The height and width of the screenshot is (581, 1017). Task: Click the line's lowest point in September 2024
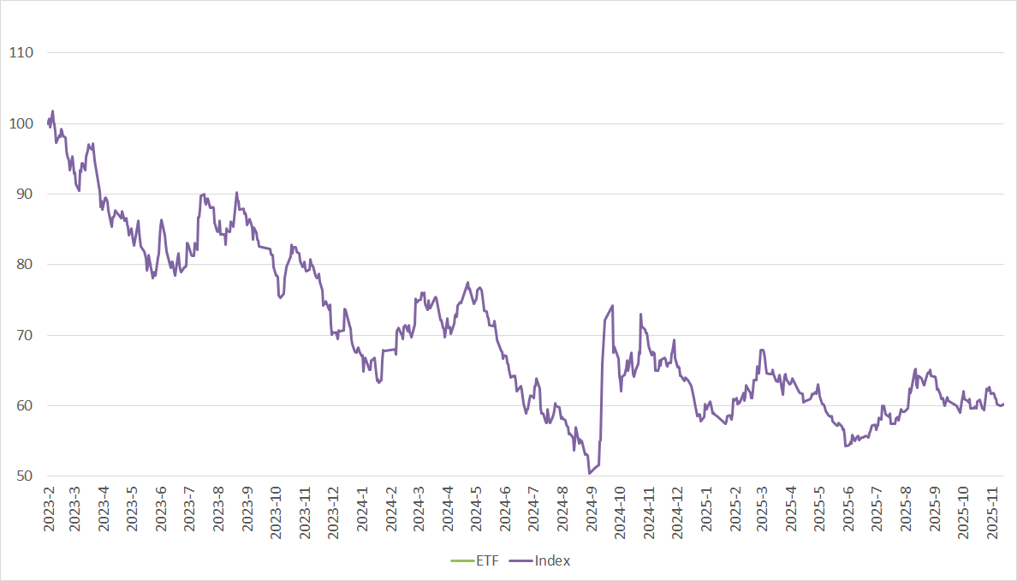589,473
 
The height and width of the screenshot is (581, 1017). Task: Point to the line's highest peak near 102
52,111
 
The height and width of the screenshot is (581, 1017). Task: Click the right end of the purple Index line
1003,404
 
